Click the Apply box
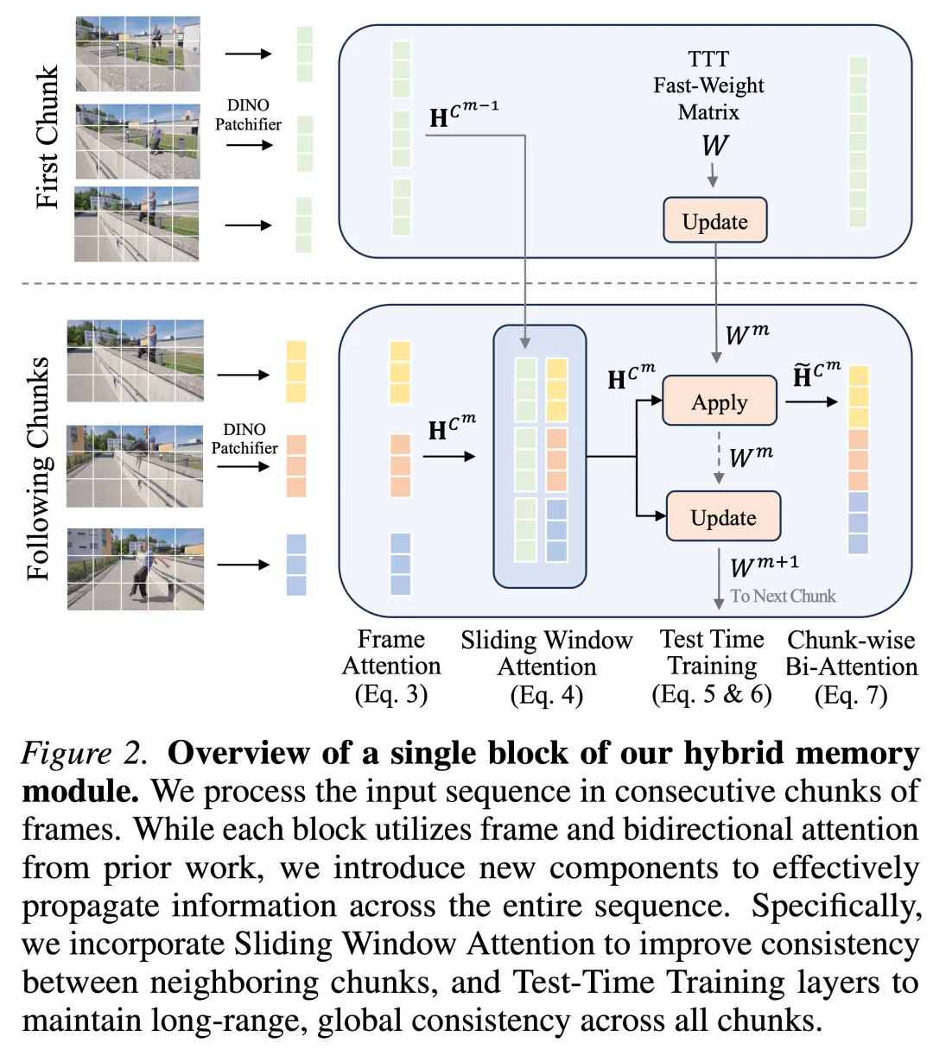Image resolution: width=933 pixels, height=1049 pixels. click(719, 401)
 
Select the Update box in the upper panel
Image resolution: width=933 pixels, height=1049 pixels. click(714, 221)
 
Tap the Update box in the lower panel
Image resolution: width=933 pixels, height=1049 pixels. click(723, 517)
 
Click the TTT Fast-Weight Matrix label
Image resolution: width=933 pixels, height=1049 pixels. click(708, 85)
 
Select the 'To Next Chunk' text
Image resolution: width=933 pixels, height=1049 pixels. click(783, 596)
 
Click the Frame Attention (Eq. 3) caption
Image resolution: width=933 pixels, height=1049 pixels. click(391, 667)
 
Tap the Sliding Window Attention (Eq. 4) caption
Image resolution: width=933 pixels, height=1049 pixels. click(546, 667)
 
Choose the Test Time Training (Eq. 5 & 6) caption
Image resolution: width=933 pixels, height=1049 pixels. click(712, 667)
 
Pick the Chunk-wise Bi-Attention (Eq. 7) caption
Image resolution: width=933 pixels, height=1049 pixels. click(851, 667)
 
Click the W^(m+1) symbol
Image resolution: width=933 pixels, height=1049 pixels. click(764, 566)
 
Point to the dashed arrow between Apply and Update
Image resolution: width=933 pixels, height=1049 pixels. click(719, 457)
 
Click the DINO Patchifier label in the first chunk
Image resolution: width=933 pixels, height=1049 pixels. click(248, 115)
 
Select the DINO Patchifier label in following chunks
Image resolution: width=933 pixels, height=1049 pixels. click(244, 439)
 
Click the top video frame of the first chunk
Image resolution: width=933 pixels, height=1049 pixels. click(138, 54)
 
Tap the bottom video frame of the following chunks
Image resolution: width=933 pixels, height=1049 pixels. click(136, 569)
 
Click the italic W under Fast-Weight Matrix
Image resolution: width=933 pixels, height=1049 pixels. click(714, 145)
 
